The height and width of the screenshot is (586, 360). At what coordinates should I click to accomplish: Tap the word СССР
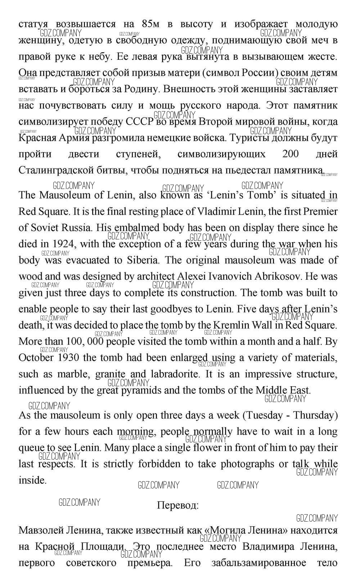(x=139, y=121)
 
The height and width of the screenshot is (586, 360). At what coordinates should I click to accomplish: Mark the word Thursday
(x=316, y=415)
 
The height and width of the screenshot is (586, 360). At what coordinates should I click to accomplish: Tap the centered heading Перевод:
(x=177, y=505)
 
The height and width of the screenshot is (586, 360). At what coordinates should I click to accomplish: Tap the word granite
(x=110, y=374)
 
